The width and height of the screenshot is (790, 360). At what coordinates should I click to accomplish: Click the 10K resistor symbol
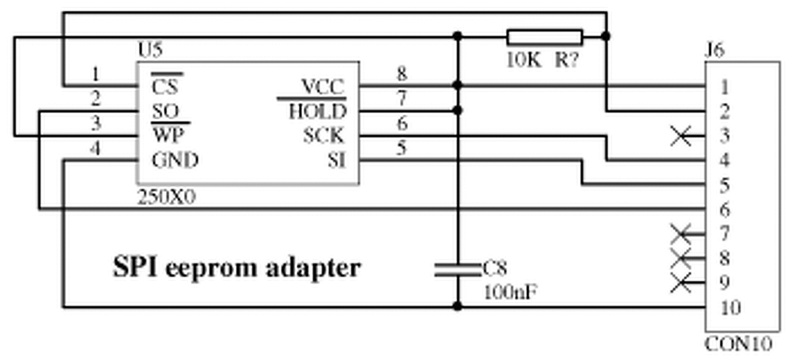[544, 37]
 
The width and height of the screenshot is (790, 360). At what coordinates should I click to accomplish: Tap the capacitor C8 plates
[457, 269]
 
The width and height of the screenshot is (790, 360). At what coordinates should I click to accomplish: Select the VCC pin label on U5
[322, 87]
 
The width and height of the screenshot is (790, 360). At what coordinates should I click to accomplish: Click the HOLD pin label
[317, 112]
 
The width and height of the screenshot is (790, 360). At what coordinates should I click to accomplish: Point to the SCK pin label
[323, 136]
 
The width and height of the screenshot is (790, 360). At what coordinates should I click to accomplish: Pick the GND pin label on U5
[175, 161]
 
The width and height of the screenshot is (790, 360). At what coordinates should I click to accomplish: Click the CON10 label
[738, 345]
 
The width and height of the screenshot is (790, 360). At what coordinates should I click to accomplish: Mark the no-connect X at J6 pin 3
[681, 136]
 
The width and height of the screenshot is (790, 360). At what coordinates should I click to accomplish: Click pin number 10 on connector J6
[730, 308]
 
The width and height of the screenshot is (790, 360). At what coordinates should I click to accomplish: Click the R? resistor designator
[567, 61]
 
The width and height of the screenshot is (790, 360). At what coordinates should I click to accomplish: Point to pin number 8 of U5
[402, 74]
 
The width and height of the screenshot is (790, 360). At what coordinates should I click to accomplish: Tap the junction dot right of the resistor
[606, 37]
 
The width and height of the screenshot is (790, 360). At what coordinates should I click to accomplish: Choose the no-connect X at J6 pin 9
[681, 283]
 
